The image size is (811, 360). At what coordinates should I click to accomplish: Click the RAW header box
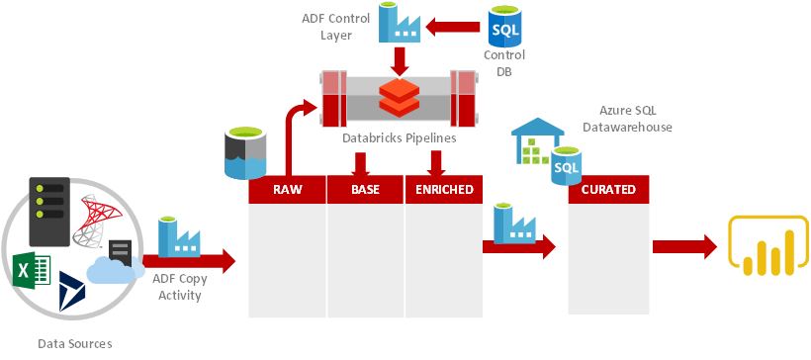point(286,189)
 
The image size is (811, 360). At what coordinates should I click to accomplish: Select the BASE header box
point(365,189)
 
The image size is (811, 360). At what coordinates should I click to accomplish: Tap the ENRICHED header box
point(444,189)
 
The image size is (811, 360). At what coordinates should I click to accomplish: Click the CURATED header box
point(608,189)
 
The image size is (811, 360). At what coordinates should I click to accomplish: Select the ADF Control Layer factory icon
point(400,24)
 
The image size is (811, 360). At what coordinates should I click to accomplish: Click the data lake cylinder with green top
point(245,151)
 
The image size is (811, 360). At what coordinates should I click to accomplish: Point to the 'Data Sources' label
point(75,343)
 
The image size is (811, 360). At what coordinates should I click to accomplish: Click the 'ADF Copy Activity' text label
point(179,287)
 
